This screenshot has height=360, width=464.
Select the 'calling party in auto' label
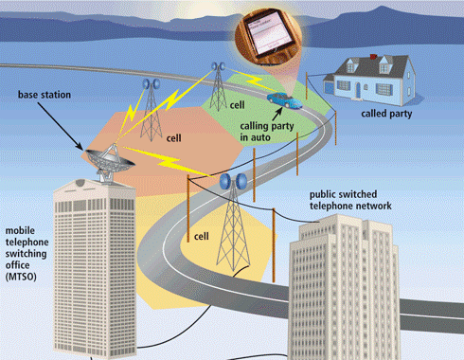pos(266,130)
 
